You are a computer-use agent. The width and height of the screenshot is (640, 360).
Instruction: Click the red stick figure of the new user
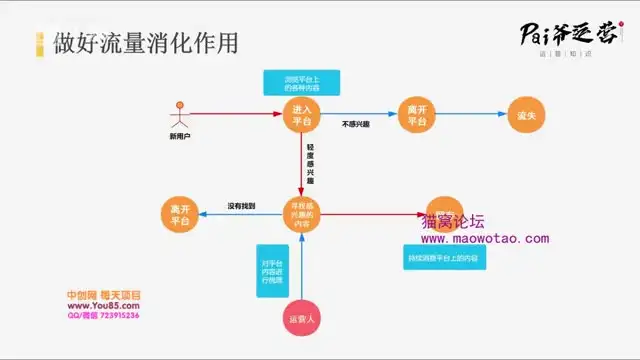pos(180,113)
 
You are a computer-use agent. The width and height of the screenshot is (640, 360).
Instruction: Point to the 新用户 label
pos(180,136)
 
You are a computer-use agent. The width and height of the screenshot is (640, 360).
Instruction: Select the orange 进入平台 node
pos(302,114)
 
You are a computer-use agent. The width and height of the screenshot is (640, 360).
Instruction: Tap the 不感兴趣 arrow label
pos(357,125)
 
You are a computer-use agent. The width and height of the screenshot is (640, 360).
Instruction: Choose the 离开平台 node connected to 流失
pos(416,114)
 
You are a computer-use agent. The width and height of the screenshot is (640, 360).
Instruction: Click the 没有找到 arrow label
pos(241,206)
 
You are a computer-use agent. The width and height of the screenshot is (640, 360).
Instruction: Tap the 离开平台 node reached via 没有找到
pos(181,214)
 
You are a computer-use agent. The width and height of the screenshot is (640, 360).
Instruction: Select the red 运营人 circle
pos(302,319)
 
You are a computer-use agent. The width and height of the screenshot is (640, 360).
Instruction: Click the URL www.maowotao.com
pos(484,239)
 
